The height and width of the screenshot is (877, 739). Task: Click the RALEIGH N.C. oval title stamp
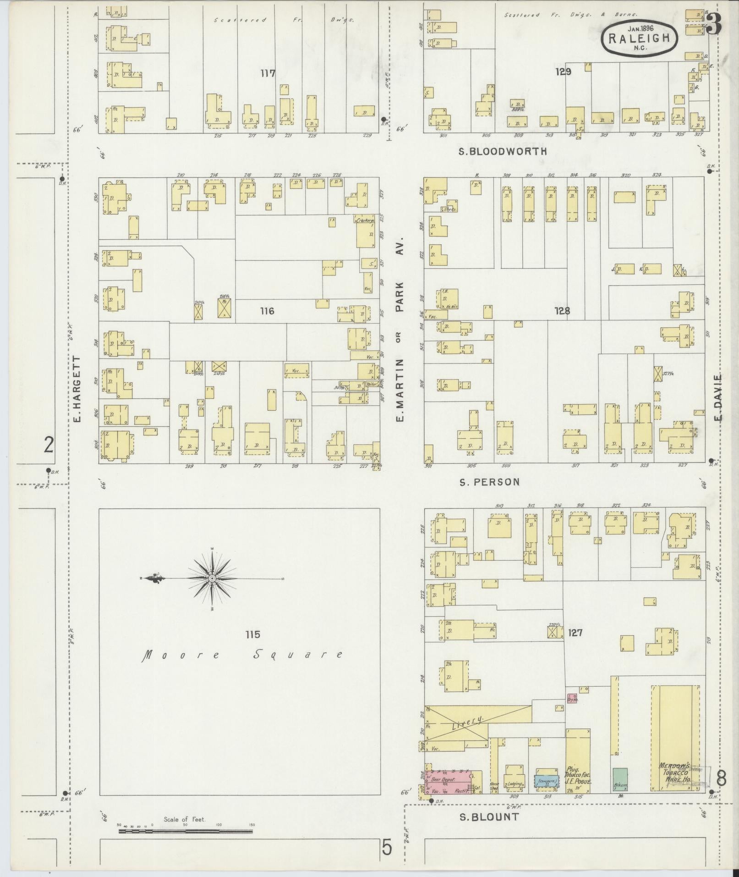coord(639,39)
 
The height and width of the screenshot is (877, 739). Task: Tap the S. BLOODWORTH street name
coord(503,151)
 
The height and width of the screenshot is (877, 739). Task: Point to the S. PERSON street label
coord(490,482)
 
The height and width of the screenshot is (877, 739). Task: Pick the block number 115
coord(252,634)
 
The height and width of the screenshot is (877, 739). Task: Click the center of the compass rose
coord(212,579)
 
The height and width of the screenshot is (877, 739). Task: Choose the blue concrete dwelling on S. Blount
coord(546,782)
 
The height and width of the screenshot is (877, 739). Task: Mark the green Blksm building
coord(620,779)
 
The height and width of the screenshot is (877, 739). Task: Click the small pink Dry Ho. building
coord(572,700)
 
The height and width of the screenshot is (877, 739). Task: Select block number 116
coord(267,311)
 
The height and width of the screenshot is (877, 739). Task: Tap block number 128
coord(562,311)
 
